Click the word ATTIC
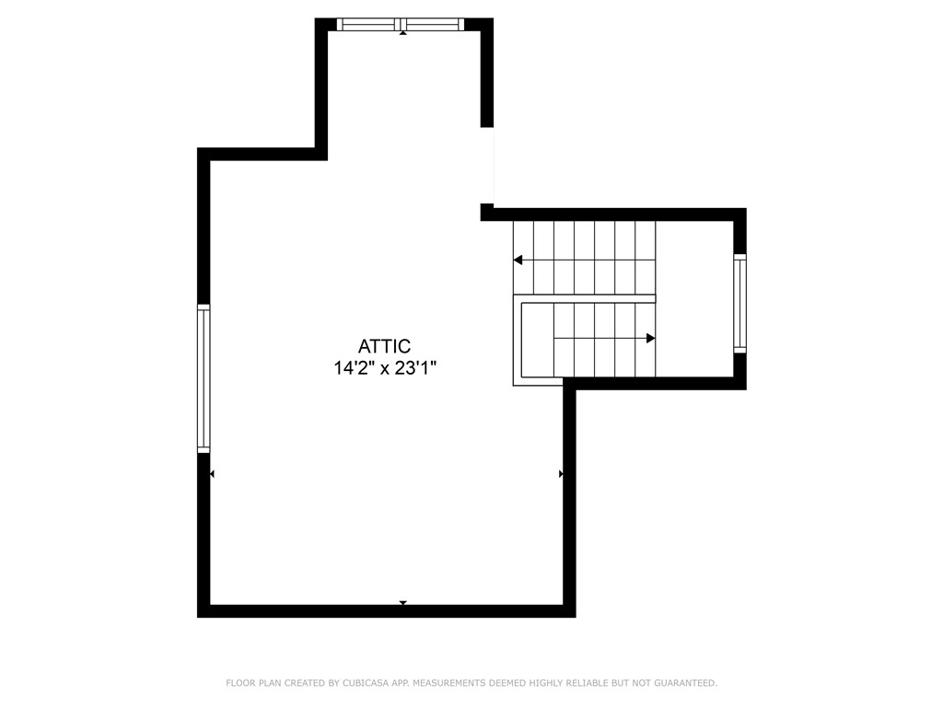(383, 347)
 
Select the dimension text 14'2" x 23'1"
(383, 368)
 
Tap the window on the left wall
(204, 378)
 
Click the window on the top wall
(402, 25)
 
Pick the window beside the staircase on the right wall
(739, 304)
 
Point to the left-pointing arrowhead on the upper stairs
(518, 261)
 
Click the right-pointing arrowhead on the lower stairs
(650, 339)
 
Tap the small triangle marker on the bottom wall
(402, 603)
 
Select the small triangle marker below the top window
(402, 33)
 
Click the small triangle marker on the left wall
(212, 474)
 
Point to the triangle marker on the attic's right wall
(562, 474)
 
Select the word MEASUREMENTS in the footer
(448, 683)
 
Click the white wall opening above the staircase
(487, 166)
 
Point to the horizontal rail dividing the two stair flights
(584, 298)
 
